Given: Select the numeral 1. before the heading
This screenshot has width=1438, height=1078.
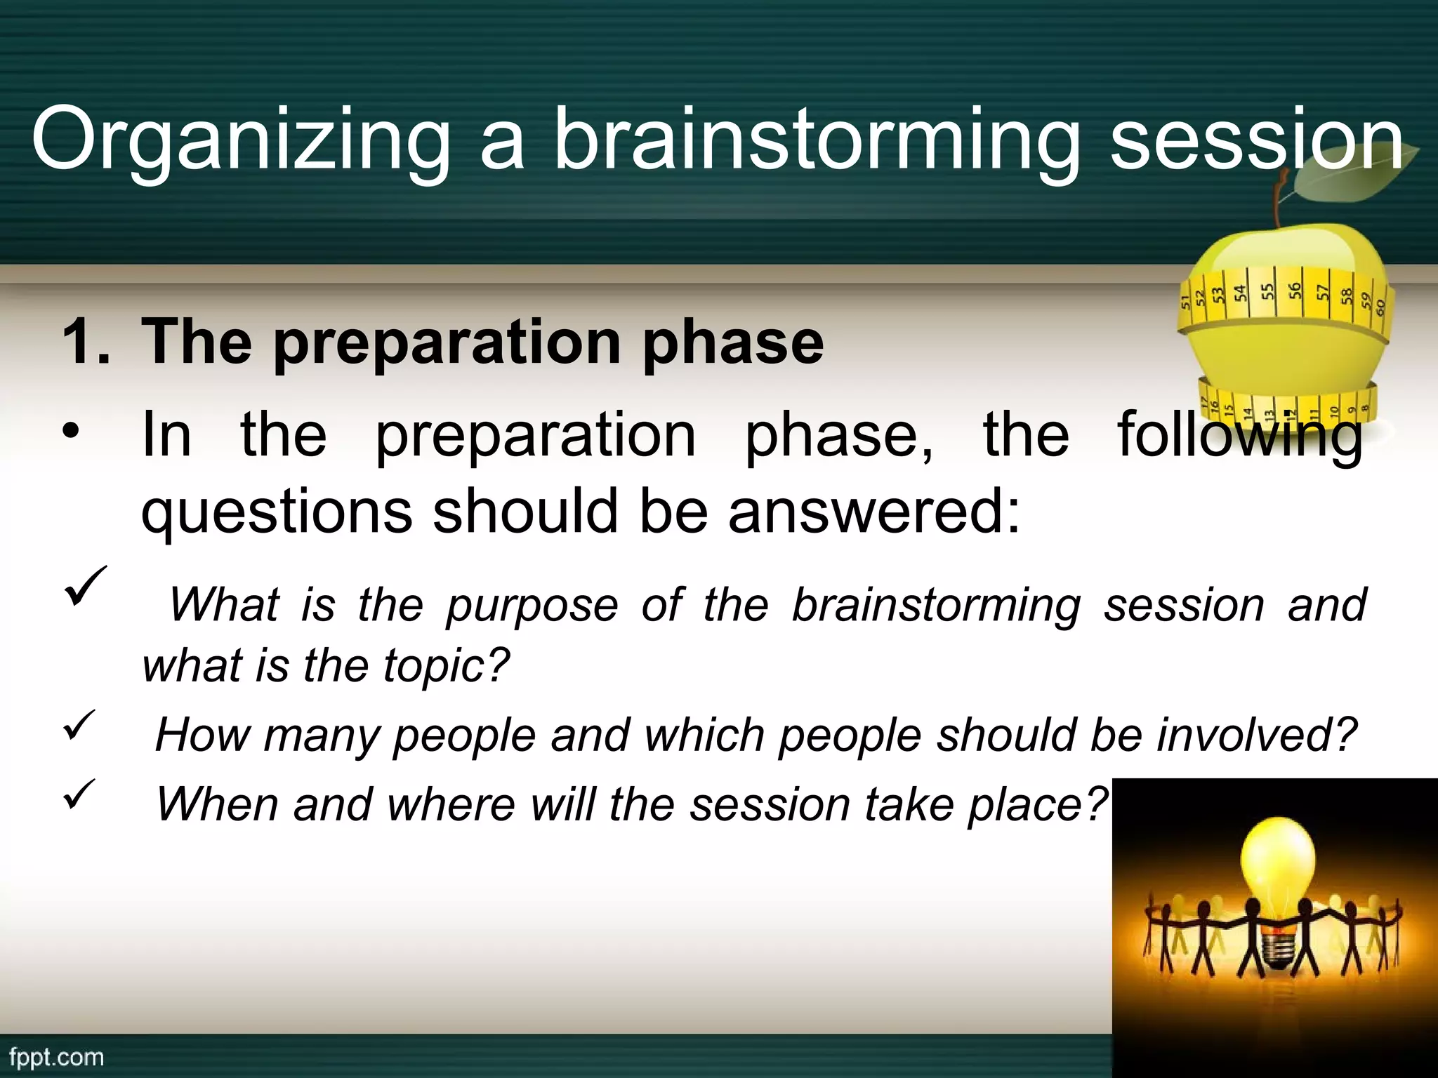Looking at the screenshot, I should pyautogui.click(x=86, y=342).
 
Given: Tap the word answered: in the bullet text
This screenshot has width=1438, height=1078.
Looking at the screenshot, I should pyautogui.click(x=873, y=510).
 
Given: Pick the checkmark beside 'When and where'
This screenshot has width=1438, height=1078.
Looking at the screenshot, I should pyautogui.click(x=79, y=793).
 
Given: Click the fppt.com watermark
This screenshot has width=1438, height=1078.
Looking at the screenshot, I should pyautogui.click(x=56, y=1057).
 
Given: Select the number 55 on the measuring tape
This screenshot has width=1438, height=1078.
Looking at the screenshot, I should pyautogui.click(x=1267, y=291).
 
